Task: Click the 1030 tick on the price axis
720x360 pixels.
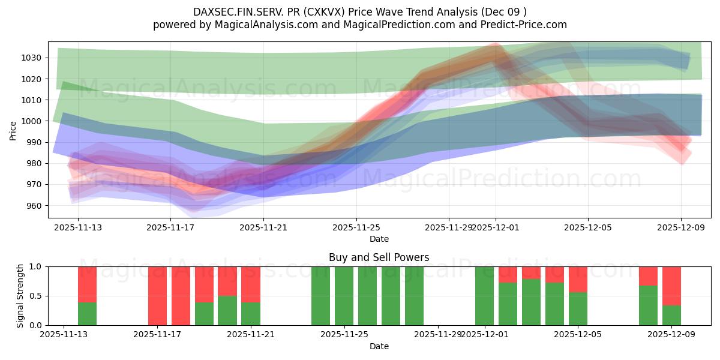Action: tap(34, 58)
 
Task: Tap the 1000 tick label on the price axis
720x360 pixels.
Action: tap(34, 121)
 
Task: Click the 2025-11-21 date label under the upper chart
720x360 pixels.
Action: tap(264, 227)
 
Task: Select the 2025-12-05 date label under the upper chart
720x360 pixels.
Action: tap(588, 227)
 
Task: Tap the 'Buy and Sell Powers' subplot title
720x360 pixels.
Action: tap(379, 257)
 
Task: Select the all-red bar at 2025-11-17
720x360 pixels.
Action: tap(158, 296)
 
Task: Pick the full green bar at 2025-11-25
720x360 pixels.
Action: tap(344, 296)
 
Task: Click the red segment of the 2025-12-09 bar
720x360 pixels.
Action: tap(671, 286)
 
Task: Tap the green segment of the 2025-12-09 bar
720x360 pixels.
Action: tap(671, 316)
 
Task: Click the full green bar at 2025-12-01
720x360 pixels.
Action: tap(484, 296)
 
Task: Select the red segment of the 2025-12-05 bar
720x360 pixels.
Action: tap(578, 279)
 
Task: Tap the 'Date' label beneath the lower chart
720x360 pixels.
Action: tap(379, 346)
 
